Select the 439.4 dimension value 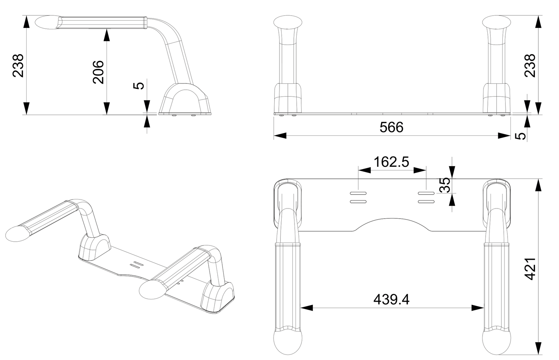pyautogui.click(x=391, y=299)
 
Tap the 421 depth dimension pyautogui.click(x=530, y=269)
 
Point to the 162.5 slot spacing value pyautogui.click(x=391, y=162)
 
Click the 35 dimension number pyautogui.click(x=444, y=185)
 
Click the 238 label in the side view pyautogui.click(x=18, y=66)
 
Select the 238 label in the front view pyautogui.click(x=530, y=66)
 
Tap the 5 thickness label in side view pyautogui.click(x=139, y=86)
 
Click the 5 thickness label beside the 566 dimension pyautogui.click(x=520, y=136)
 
